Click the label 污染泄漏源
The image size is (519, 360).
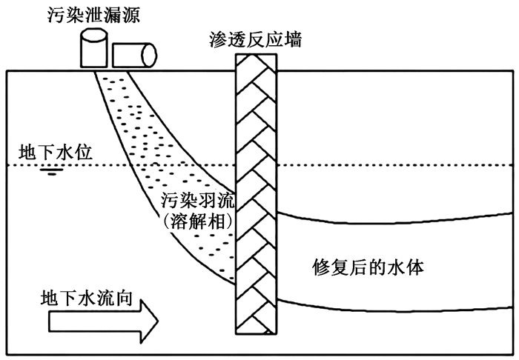(93, 16)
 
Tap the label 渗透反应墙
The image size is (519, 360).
(256, 40)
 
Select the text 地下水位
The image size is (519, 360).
(56, 153)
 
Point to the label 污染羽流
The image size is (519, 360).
(198, 201)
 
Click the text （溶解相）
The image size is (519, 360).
(198, 221)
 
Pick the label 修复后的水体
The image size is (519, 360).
(368, 267)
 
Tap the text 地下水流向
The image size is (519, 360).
(87, 299)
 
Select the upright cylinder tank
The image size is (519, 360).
(94, 48)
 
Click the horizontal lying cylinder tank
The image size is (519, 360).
(134, 56)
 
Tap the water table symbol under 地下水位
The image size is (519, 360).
(52, 172)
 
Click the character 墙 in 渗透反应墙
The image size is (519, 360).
(293, 40)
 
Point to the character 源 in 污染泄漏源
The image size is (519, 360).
(131, 16)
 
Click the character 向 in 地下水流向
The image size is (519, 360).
(124, 299)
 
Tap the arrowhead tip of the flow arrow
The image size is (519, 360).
(158, 321)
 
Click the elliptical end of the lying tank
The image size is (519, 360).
(149, 56)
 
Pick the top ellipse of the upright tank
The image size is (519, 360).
(94, 34)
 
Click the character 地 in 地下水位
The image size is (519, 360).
(27, 153)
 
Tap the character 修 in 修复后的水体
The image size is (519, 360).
(321, 267)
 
